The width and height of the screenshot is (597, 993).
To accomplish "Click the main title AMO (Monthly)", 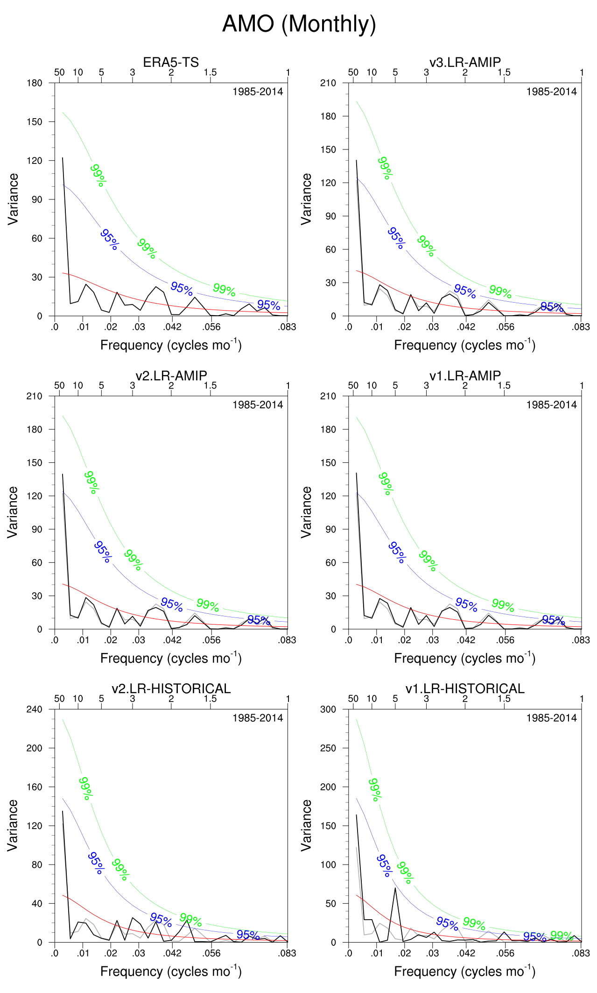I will click(x=299, y=24).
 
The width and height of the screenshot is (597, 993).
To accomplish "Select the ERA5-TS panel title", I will click(x=171, y=62).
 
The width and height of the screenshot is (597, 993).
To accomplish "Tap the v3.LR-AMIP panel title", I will click(x=465, y=62).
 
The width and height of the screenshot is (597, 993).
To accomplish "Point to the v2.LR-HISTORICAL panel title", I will click(x=171, y=688).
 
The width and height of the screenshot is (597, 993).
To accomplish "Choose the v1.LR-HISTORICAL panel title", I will click(x=465, y=688).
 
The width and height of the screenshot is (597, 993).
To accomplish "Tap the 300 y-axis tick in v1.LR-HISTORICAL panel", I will click(x=328, y=709).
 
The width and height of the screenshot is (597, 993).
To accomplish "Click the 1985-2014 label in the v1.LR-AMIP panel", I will click(x=551, y=405).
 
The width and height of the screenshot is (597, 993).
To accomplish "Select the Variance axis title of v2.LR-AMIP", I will click(x=13, y=512).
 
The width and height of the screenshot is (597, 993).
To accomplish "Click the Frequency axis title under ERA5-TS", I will click(x=171, y=345).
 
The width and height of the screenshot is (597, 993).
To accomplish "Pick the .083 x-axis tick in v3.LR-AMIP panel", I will click(x=581, y=327).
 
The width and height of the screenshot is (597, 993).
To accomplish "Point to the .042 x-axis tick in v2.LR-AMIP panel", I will click(x=172, y=640).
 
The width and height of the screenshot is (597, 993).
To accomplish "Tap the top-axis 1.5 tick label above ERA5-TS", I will click(x=210, y=72).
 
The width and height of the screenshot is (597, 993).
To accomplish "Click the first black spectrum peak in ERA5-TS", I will click(x=63, y=158).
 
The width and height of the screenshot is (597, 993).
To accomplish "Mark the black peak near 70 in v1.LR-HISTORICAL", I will click(x=395, y=887).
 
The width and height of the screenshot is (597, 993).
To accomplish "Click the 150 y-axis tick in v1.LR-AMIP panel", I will click(x=328, y=463).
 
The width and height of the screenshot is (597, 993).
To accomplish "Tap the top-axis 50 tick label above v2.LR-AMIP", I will click(x=59, y=386).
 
